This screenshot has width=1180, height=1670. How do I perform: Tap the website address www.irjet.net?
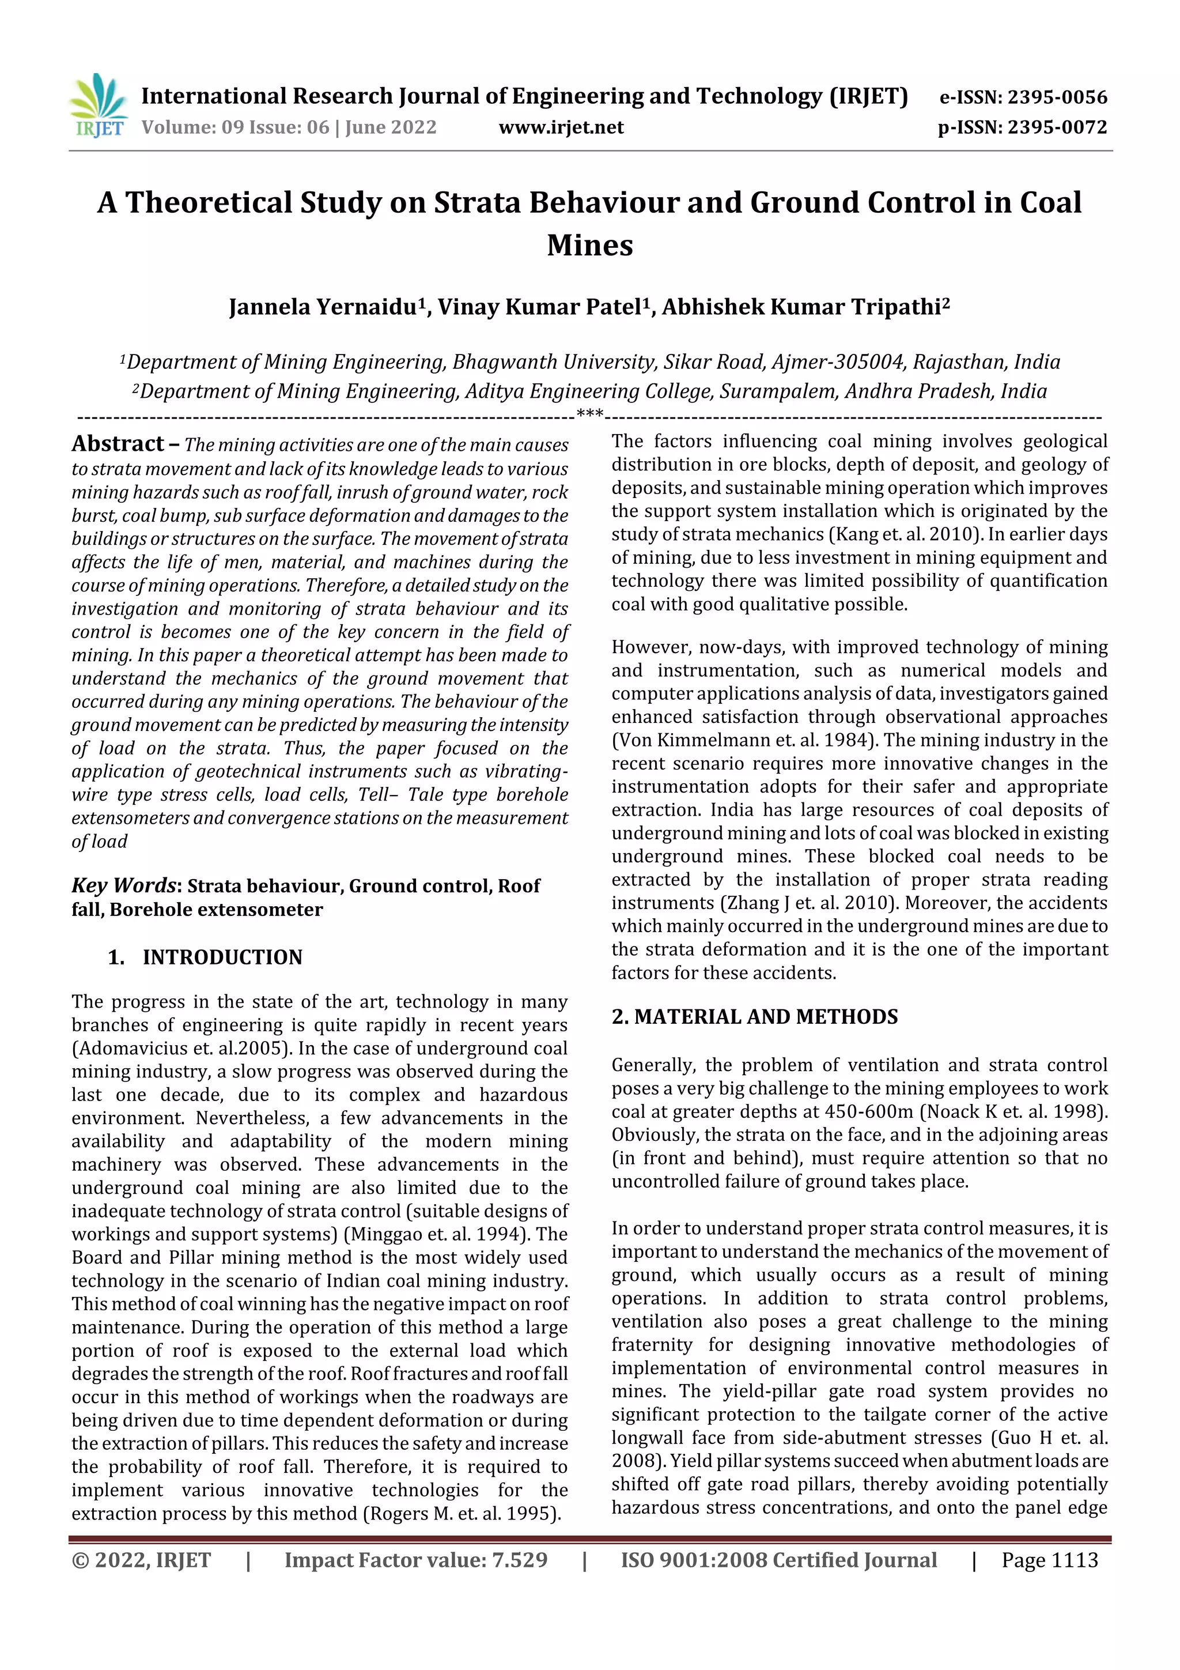tap(561, 128)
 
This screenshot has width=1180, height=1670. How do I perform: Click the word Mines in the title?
tap(589, 245)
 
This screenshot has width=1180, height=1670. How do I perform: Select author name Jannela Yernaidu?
tap(323, 307)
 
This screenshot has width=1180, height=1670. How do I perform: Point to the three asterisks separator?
tap(589, 414)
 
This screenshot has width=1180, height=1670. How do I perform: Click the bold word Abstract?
tap(118, 444)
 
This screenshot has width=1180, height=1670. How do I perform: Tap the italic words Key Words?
tap(124, 885)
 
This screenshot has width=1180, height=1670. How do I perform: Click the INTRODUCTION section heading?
tap(222, 957)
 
